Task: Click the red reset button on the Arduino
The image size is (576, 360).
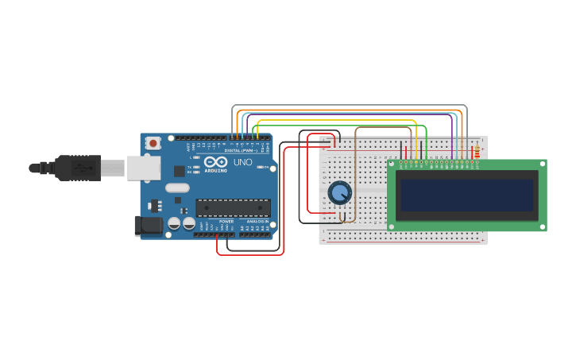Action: [x=153, y=143]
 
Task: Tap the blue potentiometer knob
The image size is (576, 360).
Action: [x=339, y=192]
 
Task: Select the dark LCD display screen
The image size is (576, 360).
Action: [x=467, y=195]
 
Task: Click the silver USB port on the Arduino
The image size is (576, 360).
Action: [x=143, y=168]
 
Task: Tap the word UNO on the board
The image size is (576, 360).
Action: [x=242, y=162]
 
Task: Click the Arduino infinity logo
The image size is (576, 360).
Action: [x=215, y=161]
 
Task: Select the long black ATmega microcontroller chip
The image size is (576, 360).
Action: [x=234, y=207]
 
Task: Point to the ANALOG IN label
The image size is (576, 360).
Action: [x=257, y=222]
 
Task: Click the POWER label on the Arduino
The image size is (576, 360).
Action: [x=226, y=222]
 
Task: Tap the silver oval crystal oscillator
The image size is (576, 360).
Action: [x=177, y=188]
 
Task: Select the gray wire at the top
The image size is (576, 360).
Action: [x=350, y=105]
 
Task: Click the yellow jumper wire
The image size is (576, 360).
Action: [x=334, y=120]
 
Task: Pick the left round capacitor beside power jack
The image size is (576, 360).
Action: [x=174, y=224]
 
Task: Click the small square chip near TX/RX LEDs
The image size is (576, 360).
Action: [x=180, y=170]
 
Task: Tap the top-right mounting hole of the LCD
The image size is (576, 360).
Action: [x=543, y=164]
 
